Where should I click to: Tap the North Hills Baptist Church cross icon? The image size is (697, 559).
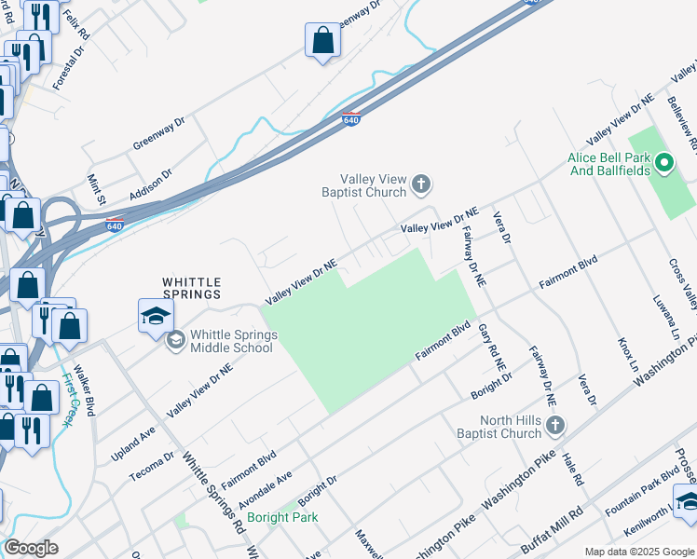coord(555,427)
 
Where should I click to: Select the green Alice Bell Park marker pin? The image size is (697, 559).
coord(664,165)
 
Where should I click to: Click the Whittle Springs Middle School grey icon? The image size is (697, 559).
coord(175,341)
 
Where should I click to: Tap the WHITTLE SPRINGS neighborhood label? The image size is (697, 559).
coord(192,287)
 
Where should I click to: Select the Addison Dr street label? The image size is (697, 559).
coord(152,183)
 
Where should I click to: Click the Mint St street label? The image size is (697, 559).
coord(97,188)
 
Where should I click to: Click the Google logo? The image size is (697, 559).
coord(32,548)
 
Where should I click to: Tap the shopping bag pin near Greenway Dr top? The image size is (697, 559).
coord(322,40)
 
